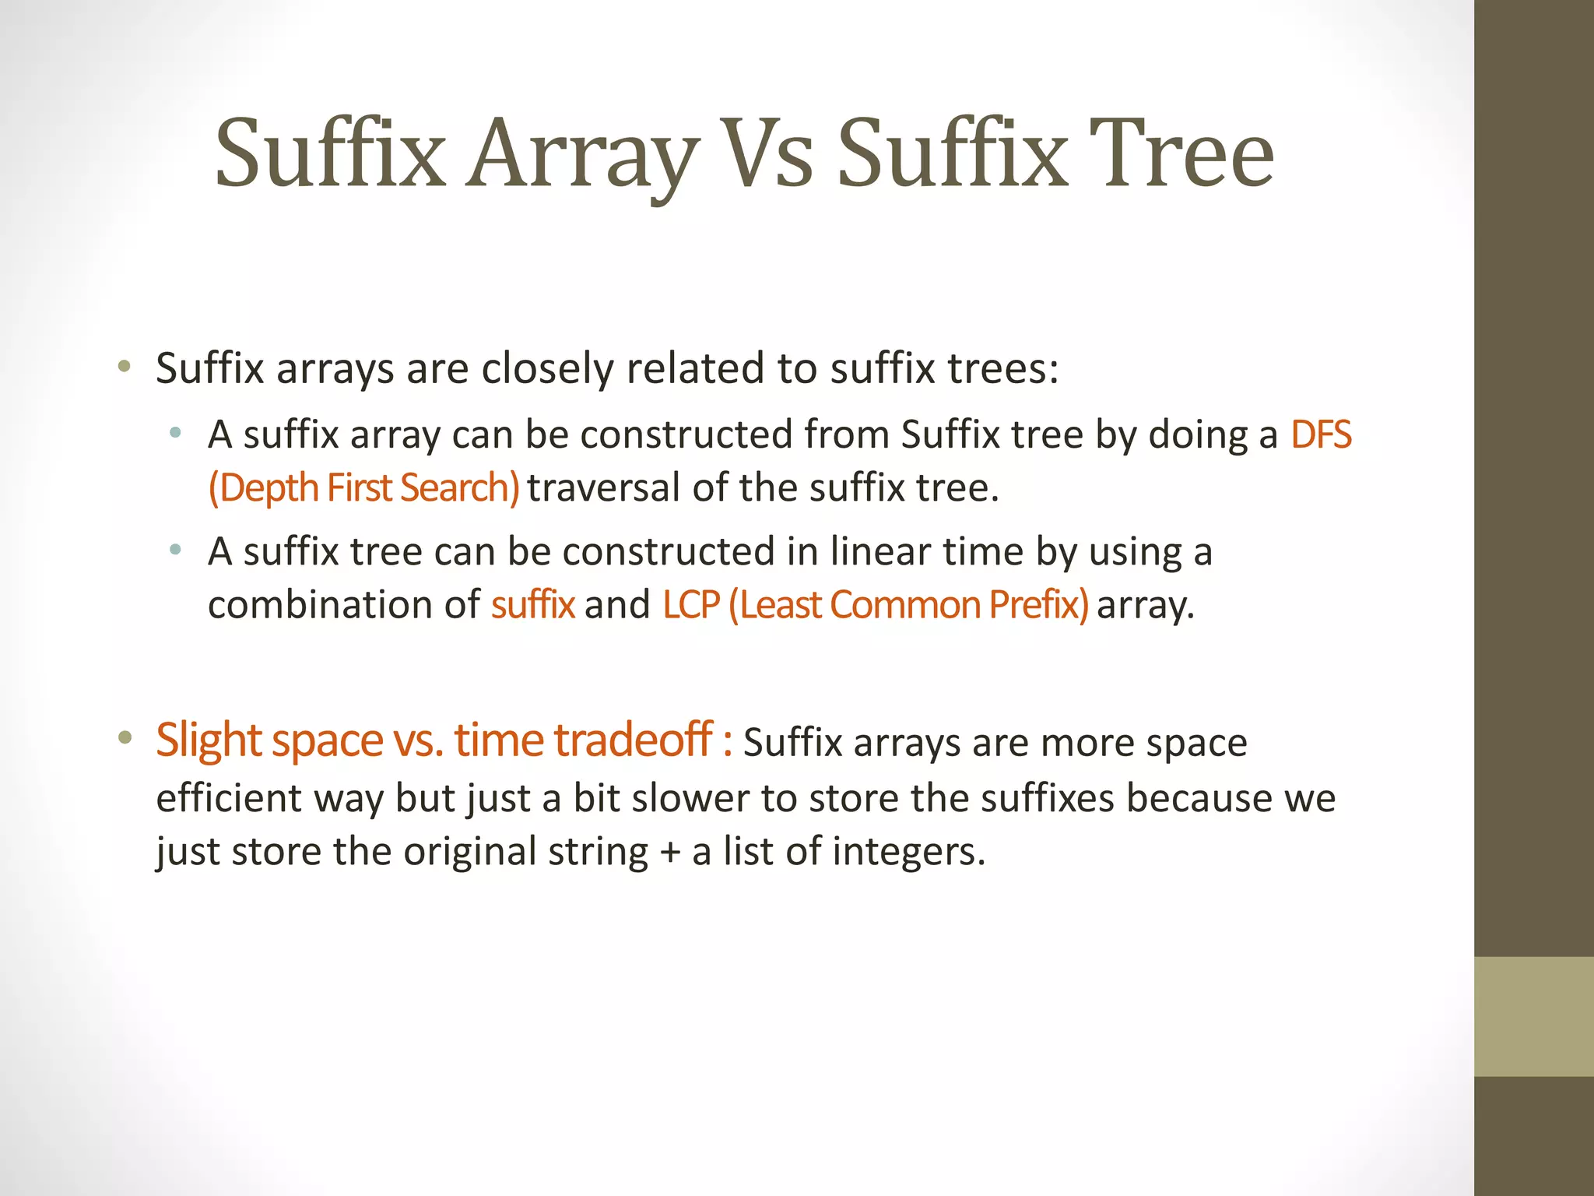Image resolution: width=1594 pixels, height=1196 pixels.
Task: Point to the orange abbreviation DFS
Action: click(1321, 434)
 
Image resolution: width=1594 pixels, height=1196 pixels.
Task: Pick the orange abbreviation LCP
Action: click(690, 605)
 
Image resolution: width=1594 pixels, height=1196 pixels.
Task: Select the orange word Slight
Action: click(208, 740)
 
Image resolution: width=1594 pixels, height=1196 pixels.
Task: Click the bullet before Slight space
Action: click(125, 738)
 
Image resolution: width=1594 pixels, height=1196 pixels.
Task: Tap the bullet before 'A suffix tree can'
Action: click(176, 551)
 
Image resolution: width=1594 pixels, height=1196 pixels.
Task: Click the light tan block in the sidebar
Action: click(1534, 1016)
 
